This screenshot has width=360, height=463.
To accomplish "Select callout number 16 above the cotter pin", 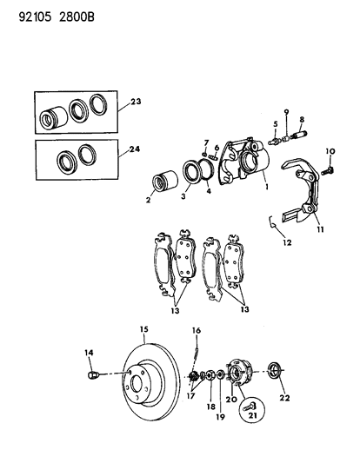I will coord(197,331).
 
